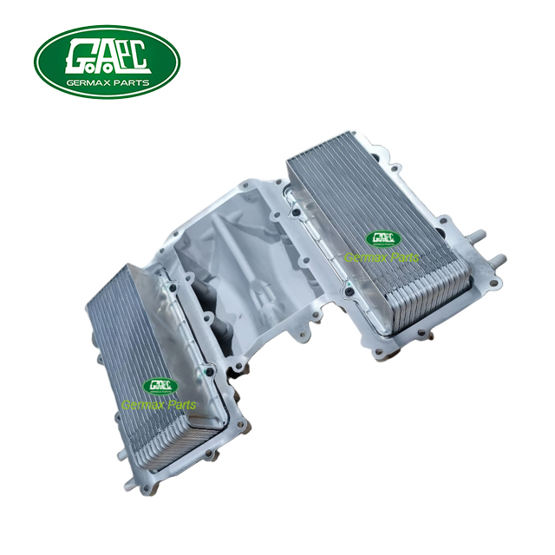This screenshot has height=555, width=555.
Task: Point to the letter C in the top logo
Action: pyautogui.click(x=139, y=56)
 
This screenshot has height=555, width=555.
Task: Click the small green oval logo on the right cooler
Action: pyautogui.click(x=383, y=239)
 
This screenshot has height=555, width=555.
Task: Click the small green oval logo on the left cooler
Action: pyautogui.click(x=160, y=387)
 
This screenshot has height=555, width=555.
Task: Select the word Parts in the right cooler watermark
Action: pyautogui.click(x=403, y=257)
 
